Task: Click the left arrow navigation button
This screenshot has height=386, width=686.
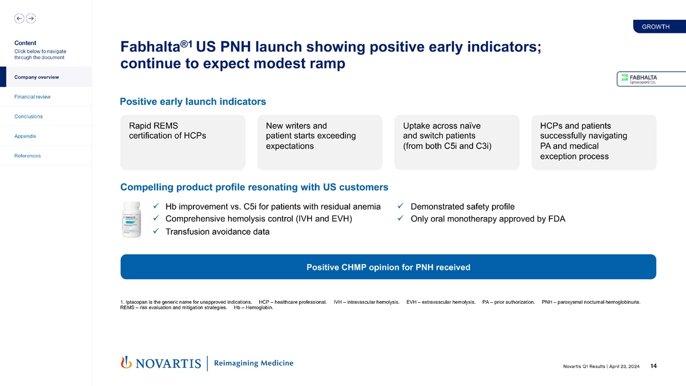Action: coord(19,18)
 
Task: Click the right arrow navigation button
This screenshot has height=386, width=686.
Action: coord(31,18)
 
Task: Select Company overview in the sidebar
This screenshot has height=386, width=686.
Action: coord(36,77)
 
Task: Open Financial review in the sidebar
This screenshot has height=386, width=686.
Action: coord(32,97)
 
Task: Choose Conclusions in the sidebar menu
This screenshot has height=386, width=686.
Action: coord(28,116)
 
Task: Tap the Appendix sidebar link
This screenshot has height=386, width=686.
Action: coord(25,136)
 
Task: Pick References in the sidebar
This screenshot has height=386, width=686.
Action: coord(28,155)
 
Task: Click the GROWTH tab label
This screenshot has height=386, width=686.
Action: coord(656,26)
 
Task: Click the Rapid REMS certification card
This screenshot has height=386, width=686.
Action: coord(182,142)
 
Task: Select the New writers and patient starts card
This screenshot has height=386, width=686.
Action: coord(320,142)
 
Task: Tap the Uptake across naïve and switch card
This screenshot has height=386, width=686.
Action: coord(457,142)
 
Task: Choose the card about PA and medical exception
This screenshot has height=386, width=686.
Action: coord(593,142)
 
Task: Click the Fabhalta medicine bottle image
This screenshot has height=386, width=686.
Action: coord(131,219)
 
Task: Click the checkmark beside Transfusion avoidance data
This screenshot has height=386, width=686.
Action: coord(155,232)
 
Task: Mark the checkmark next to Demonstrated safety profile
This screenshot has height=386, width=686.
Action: coord(400,206)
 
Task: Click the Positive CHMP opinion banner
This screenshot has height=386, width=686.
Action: coord(388,267)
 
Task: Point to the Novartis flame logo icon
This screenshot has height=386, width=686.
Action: coord(125,363)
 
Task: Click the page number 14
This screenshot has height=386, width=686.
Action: coord(654,367)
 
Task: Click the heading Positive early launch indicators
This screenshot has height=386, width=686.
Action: coord(193,102)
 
